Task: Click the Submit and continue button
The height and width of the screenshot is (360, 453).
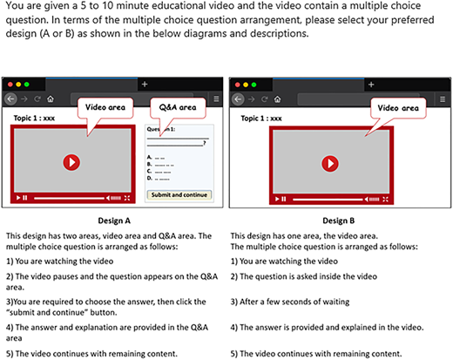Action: coord(179,194)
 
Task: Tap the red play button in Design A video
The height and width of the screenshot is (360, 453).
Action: coord(71,162)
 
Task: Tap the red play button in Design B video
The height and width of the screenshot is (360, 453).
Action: coord(330,164)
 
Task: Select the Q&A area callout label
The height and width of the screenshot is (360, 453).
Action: coord(178,107)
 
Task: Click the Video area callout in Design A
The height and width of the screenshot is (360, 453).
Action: coord(105,107)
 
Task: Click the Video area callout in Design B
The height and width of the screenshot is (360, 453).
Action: coord(398,108)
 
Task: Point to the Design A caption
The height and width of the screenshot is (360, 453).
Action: coord(114,221)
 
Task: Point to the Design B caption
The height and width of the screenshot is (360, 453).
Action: coord(339,221)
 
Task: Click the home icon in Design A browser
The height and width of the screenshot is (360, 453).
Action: coord(51,99)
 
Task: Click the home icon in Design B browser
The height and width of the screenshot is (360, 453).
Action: coord(277,99)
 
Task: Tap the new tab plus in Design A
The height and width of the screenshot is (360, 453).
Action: coord(145,85)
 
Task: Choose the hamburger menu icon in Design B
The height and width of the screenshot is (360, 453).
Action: coord(443,99)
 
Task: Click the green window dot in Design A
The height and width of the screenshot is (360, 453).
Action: coord(27,85)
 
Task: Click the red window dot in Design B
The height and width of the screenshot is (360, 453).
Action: coord(238,85)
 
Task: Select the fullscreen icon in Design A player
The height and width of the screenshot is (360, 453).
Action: coord(127,198)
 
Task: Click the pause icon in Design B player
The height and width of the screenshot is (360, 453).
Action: coord(284,199)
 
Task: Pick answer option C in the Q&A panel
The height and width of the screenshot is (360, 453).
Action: coord(159,172)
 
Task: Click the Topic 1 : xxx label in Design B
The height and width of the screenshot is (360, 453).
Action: coord(261,119)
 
